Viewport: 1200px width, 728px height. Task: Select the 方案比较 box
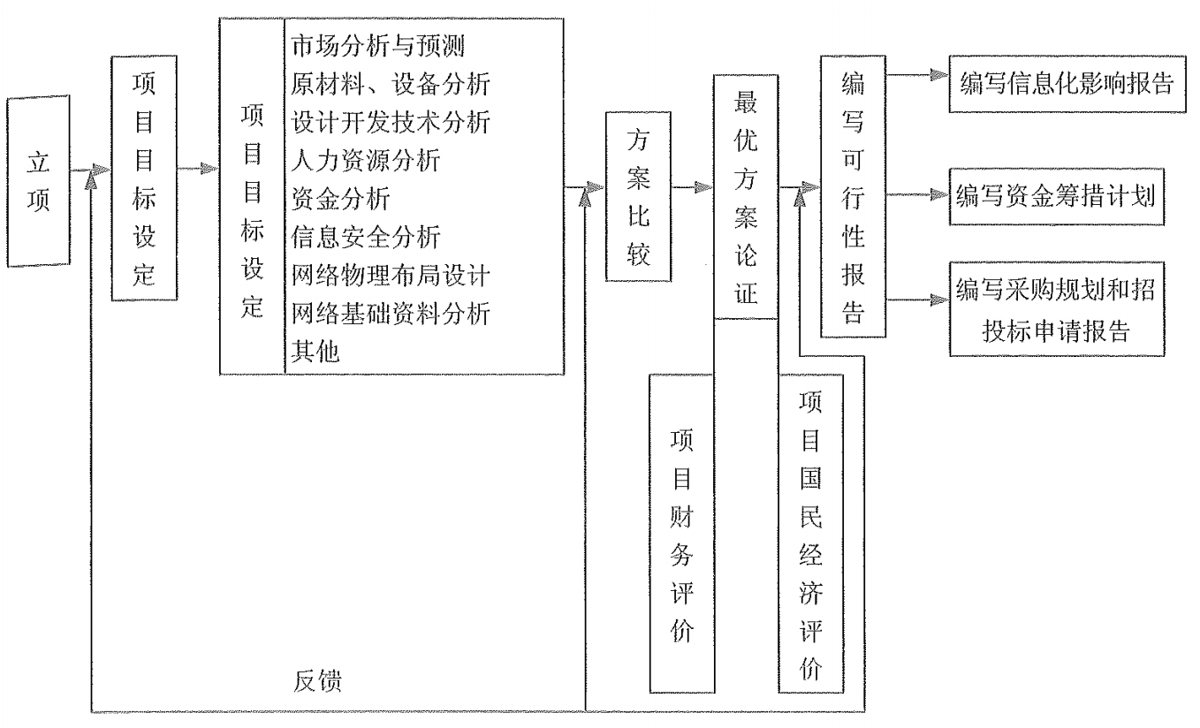click(x=638, y=196)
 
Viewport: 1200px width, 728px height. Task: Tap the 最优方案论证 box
click(x=745, y=196)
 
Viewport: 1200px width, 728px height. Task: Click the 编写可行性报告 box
click(x=853, y=196)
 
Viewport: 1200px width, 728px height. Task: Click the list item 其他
click(x=315, y=350)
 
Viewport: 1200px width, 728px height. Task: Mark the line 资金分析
click(x=338, y=198)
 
